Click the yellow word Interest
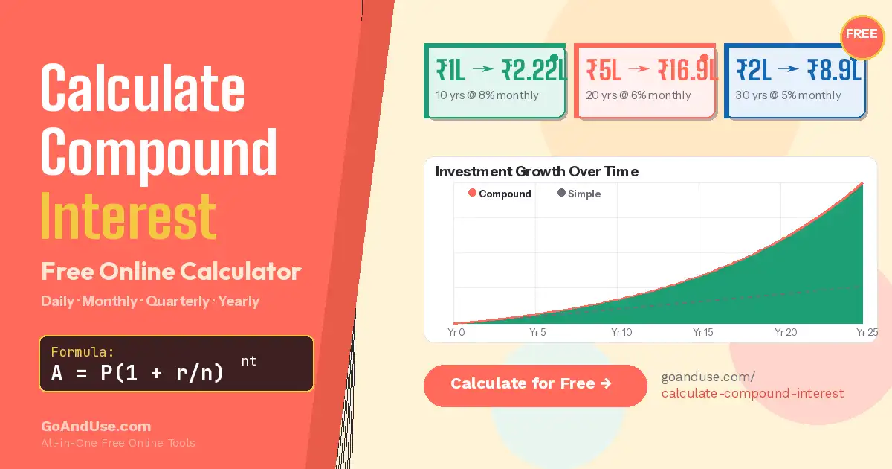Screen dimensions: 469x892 point(129,216)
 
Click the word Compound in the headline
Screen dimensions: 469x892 point(158,151)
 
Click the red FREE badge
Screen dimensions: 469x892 point(862,35)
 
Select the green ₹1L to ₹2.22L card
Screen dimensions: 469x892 point(495,81)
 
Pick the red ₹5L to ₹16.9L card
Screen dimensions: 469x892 point(645,81)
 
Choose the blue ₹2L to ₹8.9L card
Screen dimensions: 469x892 point(795,81)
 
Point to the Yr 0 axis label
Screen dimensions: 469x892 point(456,332)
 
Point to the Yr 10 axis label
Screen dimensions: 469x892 point(621,332)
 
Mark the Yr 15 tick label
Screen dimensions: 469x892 point(703,332)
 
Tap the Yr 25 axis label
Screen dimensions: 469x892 point(867,332)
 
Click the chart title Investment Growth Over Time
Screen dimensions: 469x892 point(537,172)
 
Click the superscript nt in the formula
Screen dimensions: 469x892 point(248,361)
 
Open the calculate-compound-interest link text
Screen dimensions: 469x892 point(752,393)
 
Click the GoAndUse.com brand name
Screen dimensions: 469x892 point(96,427)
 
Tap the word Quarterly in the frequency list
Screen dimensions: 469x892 point(178,301)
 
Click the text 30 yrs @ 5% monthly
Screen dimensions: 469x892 point(788,95)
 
